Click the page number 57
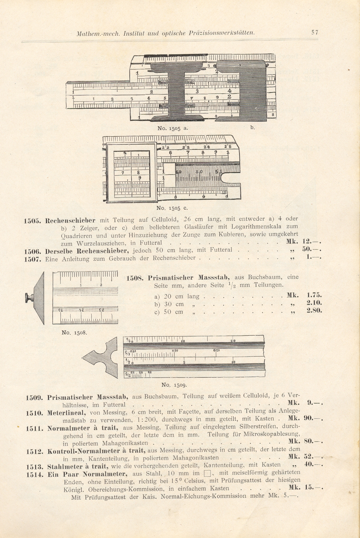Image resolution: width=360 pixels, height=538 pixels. pos(315,33)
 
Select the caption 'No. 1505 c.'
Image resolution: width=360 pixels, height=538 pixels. pos(172,208)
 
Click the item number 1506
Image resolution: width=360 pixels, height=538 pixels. pos(32,252)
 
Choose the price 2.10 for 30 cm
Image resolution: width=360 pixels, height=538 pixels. pos(314,303)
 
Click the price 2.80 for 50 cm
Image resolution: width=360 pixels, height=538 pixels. pos(314,311)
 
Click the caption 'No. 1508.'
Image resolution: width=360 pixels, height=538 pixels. pos(74,333)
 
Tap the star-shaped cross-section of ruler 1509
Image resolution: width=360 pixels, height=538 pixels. pos(103,357)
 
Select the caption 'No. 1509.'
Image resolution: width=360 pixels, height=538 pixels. pos(174,385)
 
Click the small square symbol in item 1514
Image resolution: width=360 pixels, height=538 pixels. pos(207,473)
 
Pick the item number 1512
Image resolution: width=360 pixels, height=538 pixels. pos(35,452)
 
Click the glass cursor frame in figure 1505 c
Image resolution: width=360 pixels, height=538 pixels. pos(132,172)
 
